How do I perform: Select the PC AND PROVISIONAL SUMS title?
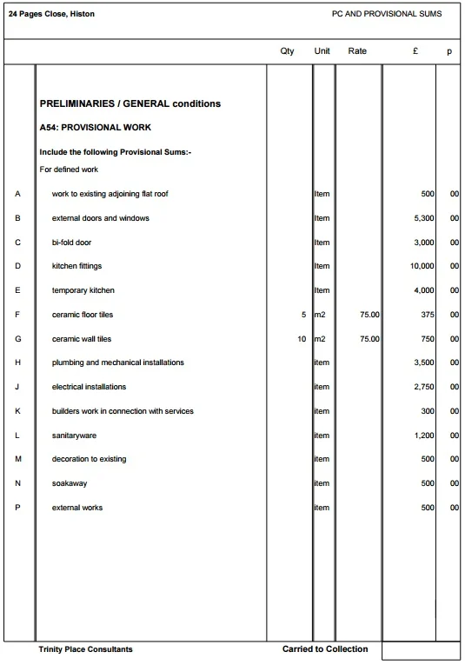click(387, 15)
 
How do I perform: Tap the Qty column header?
click(287, 52)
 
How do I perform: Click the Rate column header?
click(357, 52)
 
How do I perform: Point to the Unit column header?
click(322, 52)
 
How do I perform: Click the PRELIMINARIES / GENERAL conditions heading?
click(130, 104)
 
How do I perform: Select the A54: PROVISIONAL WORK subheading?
click(96, 128)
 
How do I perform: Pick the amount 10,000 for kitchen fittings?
click(422, 267)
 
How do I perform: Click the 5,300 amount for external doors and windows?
click(423, 218)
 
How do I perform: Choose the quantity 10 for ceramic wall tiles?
click(301, 339)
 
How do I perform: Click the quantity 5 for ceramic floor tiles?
click(303, 315)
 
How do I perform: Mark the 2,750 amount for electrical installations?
click(423, 387)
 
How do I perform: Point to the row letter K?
click(18, 411)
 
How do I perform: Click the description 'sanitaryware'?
click(74, 436)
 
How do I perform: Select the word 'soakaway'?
click(70, 483)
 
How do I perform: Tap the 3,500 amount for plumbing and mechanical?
click(423, 362)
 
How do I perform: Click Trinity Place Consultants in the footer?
click(86, 650)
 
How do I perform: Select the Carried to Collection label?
click(325, 649)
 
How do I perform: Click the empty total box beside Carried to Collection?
click(421, 651)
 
